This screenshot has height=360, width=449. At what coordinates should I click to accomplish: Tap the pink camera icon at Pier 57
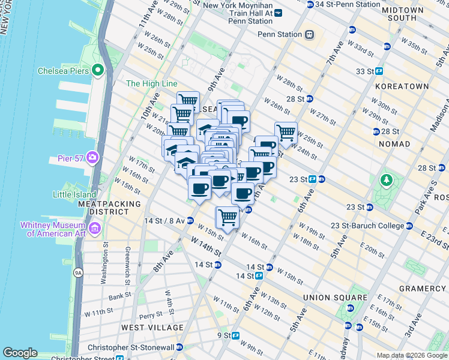coord(92,157)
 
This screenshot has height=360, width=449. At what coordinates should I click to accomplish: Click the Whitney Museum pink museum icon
coord(95,229)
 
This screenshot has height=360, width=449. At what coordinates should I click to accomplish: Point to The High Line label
coord(152,84)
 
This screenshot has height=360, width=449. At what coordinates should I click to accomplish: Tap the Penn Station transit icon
coord(310,34)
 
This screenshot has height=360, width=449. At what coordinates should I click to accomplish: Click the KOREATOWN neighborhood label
coord(402,86)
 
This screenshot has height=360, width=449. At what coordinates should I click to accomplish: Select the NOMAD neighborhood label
coord(394,144)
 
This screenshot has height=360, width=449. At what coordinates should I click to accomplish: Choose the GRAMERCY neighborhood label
coord(423,289)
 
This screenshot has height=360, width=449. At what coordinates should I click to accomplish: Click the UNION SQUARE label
coord(335,298)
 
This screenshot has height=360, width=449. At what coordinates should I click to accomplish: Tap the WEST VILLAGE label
coord(152,328)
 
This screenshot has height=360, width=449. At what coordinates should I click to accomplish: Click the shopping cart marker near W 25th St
coord(286,131)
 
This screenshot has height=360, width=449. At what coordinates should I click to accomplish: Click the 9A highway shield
coord(77,273)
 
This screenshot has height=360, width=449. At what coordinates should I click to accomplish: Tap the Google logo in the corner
coord(20,353)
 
